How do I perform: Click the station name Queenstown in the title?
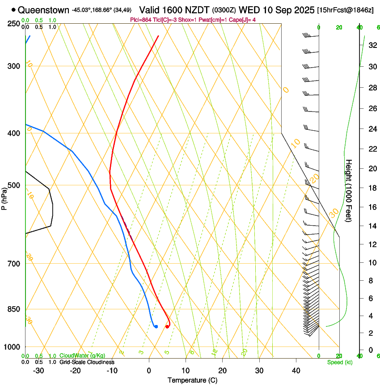pyautogui.click(x=44, y=10)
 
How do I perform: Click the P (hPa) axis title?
pyautogui.click(x=4, y=197)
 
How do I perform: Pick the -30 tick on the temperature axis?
pyautogui.click(x=38, y=370)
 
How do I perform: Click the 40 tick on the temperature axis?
pyautogui.click(x=296, y=370)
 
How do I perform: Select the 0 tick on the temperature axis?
pyautogui.click(x=149, y=370)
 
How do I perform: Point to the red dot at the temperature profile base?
pyautogui.click(x=167, y=326)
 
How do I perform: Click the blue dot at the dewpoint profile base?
pyautogui.click(x=156, y=326)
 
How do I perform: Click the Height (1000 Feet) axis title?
pyautogui.click(x=349, y=191)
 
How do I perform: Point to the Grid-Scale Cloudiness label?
pyautogui.click(x=87, y=362)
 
